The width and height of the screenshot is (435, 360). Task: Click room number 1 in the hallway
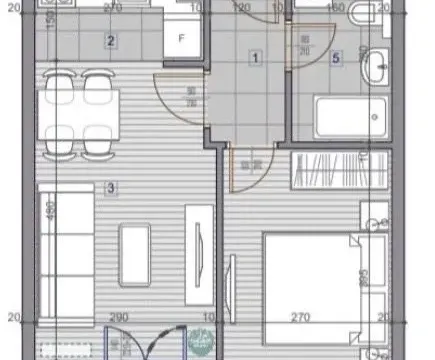click(256, 59)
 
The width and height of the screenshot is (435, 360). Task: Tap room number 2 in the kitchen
click(111, 42)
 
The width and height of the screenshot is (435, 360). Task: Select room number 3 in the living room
click(111, 187)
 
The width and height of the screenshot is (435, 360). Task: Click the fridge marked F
click(181, 40)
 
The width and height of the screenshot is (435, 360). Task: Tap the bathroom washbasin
click(378, 67)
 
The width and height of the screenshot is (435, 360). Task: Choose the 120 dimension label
click(241, 7)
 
